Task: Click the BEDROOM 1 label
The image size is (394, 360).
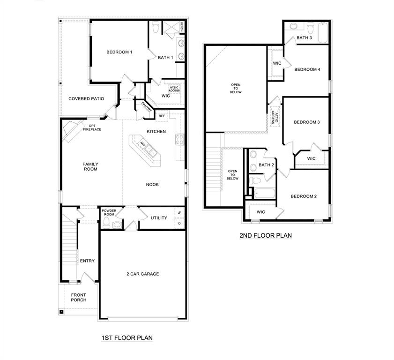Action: pyautogui.click(x=119, y=52)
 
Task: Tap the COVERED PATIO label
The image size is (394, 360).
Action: pyautogui.click(x=86, y=98)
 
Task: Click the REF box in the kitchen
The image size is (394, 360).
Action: pyautogui.click(x=162, y=116)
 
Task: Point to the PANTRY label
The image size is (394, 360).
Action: pyautogui.click(x=146, y=106)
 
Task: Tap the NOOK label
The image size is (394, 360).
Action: pyautogui.click(x=152, y=185)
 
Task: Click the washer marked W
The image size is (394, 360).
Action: pyautogui.click(x=179, y=213)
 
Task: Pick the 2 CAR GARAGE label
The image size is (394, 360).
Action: pyautogui.click(x=142, y=274)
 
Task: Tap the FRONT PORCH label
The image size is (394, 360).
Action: pyautogui.click(x=79, y=297)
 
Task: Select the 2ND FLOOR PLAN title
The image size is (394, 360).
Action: pyautogui.click(x=266, y=236)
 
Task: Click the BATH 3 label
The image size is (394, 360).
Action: pyautogui.click(x=304, y=38)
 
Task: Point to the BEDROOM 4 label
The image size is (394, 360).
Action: pyautogui.click(x=307, y=69)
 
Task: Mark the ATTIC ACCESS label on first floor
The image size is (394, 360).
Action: pyautogui.click(x=174, y=89)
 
